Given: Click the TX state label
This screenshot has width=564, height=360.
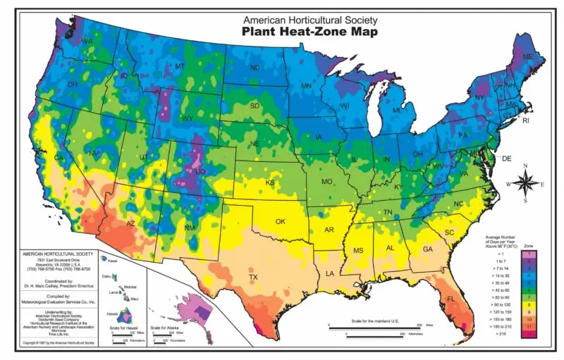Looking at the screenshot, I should click(253, 277).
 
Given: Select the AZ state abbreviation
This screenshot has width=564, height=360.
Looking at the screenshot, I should click(130, 223).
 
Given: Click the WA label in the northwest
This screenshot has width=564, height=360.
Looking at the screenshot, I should click(87, 42).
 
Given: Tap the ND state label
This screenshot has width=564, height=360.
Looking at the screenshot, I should click(255, 68).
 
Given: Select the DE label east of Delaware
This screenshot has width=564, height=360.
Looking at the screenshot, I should click(506, 159).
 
